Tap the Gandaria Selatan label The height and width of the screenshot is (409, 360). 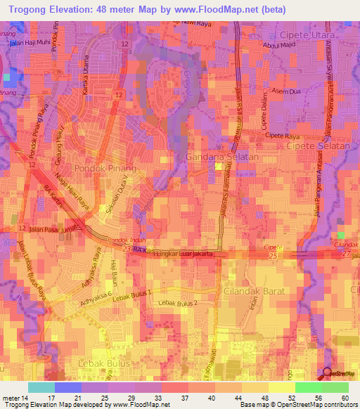(x=222, y=157)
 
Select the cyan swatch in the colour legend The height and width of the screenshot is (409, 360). (x=41, y=387)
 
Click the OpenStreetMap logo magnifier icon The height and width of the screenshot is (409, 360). (x=326, y=374)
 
